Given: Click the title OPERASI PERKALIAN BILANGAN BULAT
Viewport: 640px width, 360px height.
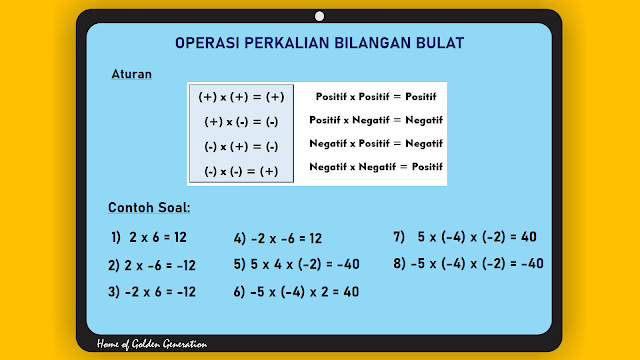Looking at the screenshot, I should [320, 43].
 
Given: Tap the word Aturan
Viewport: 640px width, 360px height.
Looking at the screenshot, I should [132, 74].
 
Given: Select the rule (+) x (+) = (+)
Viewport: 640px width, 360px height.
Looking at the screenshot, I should [242, 97].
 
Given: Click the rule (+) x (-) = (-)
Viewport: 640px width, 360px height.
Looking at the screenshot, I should [242, 122].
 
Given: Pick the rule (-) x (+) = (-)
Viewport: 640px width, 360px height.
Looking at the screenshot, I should [242, 146].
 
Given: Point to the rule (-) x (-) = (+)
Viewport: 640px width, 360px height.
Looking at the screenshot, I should [242, 171].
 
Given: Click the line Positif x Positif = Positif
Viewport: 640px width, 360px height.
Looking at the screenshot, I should [375, 97].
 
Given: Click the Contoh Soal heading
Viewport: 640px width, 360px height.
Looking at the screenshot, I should [149, 208].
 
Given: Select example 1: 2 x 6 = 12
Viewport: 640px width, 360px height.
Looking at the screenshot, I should [150, 238].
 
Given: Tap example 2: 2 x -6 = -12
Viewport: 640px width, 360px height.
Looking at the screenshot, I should [152, 265].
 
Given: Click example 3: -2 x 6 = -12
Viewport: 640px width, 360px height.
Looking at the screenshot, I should [152, 292].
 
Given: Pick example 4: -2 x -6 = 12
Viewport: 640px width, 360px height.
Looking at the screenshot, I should [278, 239].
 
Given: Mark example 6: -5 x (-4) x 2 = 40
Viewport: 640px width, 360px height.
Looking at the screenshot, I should [296, 292].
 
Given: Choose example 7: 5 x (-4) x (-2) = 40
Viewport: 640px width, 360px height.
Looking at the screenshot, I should [465, 238].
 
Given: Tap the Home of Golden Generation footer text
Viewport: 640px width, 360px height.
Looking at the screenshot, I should [152, 344].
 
